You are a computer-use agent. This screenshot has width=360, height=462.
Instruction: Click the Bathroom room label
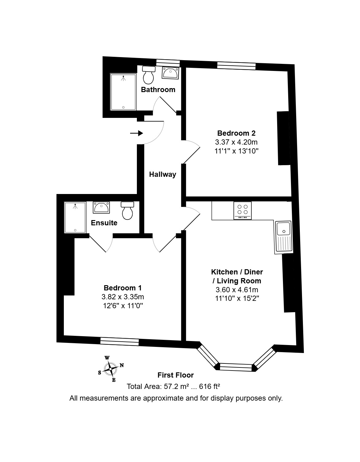click(158, 90)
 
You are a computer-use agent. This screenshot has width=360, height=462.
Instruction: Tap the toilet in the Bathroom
click(149, 75)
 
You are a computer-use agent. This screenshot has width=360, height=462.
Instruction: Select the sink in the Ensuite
click(101, 208)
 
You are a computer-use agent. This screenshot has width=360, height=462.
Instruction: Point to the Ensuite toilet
click(127, 211)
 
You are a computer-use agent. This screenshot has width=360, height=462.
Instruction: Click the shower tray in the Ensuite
click(75, 218)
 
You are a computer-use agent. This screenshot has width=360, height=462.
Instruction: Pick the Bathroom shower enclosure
click(123, 92)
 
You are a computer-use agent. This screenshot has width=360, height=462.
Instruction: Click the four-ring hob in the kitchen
click(242, 211)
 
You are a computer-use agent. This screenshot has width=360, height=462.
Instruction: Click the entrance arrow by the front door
click(137, 133)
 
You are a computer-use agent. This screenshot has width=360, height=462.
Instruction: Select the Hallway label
click(163, 175)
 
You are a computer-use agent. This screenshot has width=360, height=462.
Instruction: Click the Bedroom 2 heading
click(236, 133)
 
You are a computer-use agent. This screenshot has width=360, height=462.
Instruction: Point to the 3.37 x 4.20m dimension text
click(236, 142)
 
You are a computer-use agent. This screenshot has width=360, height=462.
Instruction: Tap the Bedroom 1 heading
click(123, 288)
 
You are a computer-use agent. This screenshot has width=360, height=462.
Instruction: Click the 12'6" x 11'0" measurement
click(123, 306)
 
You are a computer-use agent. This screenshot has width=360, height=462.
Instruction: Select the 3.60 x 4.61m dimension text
click(237, 290)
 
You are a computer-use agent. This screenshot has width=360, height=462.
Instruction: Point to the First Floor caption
click(176, 375)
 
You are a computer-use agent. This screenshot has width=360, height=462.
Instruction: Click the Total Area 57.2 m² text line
click(173, 386)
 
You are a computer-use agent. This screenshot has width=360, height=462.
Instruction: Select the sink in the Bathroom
click(170, 73)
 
